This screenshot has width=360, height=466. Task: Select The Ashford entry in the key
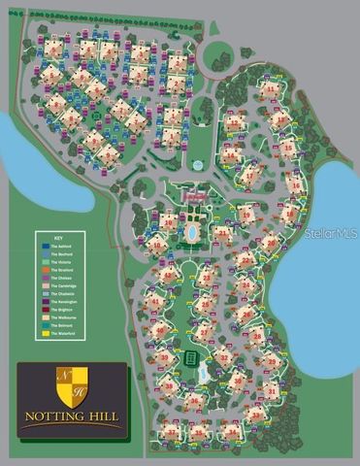66,244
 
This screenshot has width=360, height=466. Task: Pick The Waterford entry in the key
66,336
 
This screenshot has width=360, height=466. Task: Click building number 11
233,122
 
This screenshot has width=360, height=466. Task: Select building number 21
224,233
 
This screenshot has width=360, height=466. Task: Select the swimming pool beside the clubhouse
191,233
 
